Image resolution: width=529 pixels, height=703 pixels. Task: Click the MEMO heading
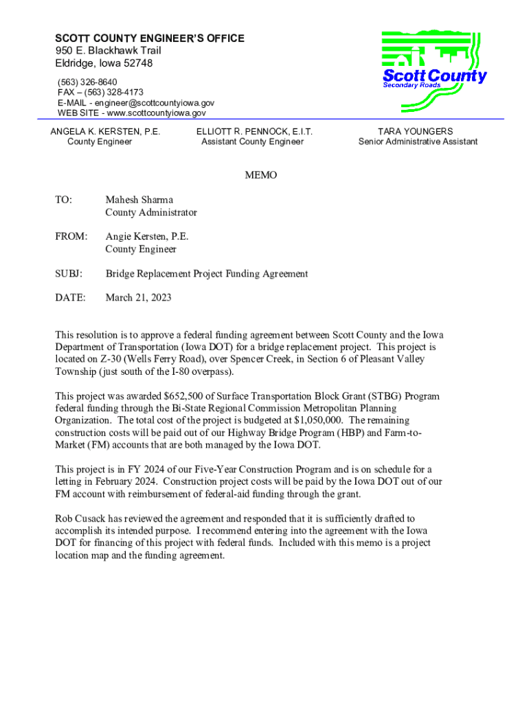(x=261, y=175)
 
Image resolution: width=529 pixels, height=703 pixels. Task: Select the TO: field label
(x=63, y=200)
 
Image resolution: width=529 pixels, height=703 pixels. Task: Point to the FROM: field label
(x=71, y=237)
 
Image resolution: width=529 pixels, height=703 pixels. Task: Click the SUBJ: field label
(x=69, y=274)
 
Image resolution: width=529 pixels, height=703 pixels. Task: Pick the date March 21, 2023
(x=138, y=298)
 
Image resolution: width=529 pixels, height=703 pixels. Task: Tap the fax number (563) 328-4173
(x=115, y=92)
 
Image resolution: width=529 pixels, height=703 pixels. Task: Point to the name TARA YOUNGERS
(x=416, y=131)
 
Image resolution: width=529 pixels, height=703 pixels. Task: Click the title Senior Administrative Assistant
(x=418, y=142)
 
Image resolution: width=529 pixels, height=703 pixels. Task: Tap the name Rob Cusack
(x=82, y=518)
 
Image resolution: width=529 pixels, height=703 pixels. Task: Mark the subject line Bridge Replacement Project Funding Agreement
(x=207, y=274)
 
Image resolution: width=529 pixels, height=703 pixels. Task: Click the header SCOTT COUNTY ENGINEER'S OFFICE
(x=150, y=38)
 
